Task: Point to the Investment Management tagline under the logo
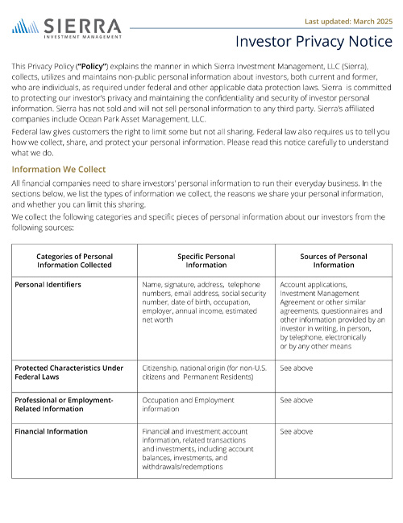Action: point(82,36)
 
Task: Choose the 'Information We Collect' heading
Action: point(58,170)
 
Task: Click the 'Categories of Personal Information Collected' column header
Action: point(74,260)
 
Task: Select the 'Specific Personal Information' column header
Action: point(206,260)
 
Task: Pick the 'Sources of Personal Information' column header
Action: point(334,260)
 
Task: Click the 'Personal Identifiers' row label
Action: point(48,284)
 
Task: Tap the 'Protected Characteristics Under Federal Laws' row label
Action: point(69,372)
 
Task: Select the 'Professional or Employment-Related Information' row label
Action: point(64,404)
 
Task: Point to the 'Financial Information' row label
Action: point(52,431)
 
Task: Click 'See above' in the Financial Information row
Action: point(296,431)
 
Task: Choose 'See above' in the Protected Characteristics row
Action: point(296,368)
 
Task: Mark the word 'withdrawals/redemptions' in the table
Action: point(181,466)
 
